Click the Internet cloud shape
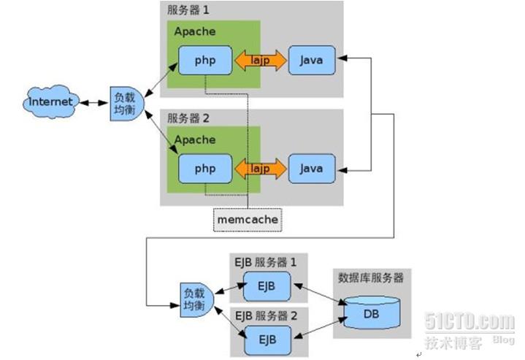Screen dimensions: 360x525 pyautogui.click(x=50, y=102)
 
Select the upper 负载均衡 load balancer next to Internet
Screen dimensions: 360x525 pyautogui.click(x=121, y=104)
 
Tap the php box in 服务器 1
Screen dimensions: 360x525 pyautogui.click(x=205, y=60)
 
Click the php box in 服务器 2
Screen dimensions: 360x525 pyautogui.click(x=205, y=168)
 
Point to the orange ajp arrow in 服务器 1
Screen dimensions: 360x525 pyautogui.click(x=261, y=60)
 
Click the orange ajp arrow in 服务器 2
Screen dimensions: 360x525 pyautogui.click(x=261, y=168)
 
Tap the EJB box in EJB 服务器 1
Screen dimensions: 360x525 pyautogui.click(x=263, y=285)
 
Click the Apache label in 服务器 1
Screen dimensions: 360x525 pyautogui.click(x=195, y=31)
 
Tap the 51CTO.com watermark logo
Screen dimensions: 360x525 pyautogui.click(x=468, y=321)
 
